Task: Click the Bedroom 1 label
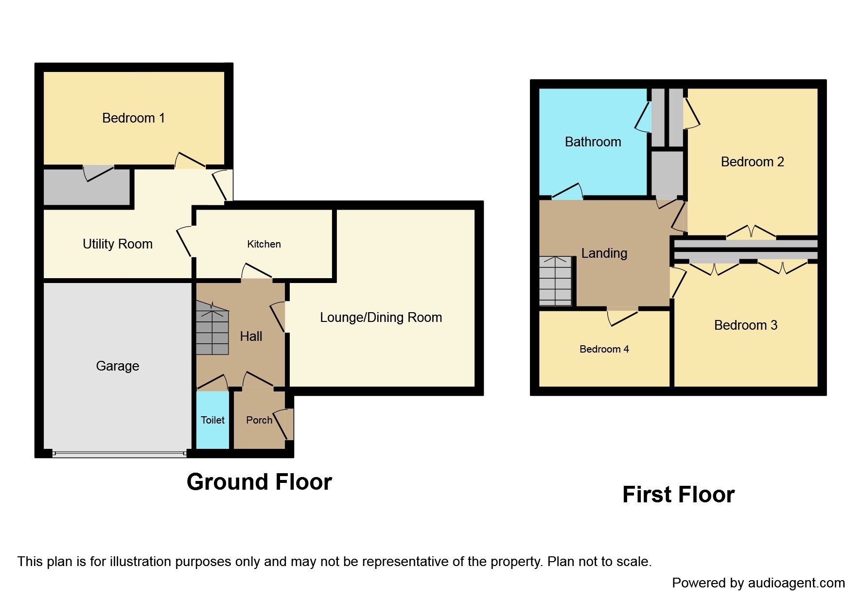(x=133, y=118)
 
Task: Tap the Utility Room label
(x=117, y=244)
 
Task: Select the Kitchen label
(x=264, y=244)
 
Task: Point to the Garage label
(x=117, y=366)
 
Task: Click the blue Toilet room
(x=212, y=420)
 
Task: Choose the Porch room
(x=259, y=420)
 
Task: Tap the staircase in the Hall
(x=212, y=329)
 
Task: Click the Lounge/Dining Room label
(x=381, y=318)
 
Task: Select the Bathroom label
(x=593, y=142)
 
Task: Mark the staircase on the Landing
(x=555, y=281)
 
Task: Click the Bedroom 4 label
(x=604, y=349)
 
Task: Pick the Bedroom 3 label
(x=745, y=325)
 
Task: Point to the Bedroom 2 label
(x=752, y=162)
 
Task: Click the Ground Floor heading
(x=259, y=482)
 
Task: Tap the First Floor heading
(x=678, y=495)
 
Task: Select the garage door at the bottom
(x=119, y=453)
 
